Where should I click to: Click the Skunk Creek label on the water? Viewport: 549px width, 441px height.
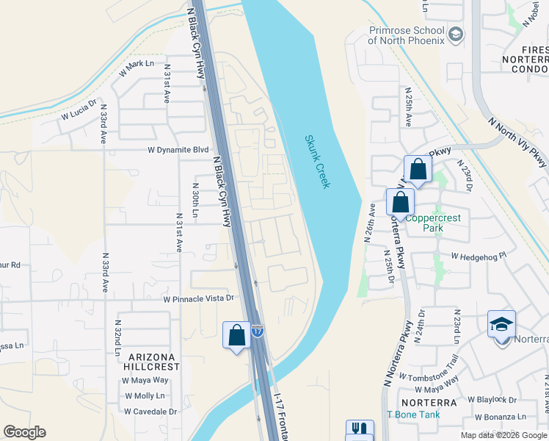click(x=317, y=162)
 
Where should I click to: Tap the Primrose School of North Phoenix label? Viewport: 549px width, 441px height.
click(x=406, y=35)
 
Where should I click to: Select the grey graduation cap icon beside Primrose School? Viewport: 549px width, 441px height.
click(x=456, y=35)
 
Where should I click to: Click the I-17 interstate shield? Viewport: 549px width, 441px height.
click(x=258, y=331)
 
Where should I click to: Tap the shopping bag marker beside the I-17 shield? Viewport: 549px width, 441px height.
click(x=236, y=335)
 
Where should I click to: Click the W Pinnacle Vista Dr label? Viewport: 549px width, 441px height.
click(x=198, y=298)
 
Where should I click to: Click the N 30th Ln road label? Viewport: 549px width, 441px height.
click(x=195, y=201)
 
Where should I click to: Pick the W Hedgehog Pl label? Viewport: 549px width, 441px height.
click(x=479, y=257)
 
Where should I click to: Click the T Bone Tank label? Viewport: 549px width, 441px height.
click(x=419, y=415)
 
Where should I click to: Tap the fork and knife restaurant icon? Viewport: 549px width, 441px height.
click(x=360, y=429)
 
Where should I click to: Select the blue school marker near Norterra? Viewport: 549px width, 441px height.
click(x=501, y=324)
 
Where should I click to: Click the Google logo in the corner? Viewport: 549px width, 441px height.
click(x=24, y=432)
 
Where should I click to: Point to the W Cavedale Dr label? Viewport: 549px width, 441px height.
click(x=150, y=411)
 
